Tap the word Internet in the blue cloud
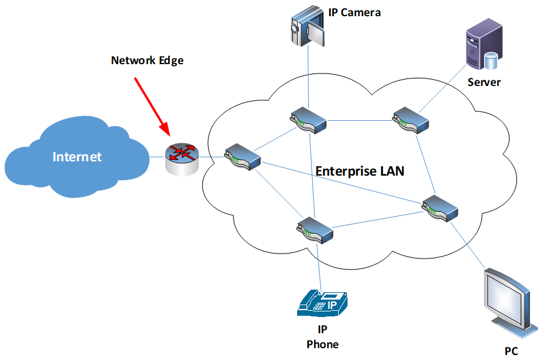[x=77, y=156]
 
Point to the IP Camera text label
[x=354, y=12]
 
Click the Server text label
[x=484, y=82]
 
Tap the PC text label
[x=511, y=351]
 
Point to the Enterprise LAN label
[x=360, y=171]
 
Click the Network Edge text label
[x=148, y=60]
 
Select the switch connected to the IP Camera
[x=308, y=120]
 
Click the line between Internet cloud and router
[x=157, y=156]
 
